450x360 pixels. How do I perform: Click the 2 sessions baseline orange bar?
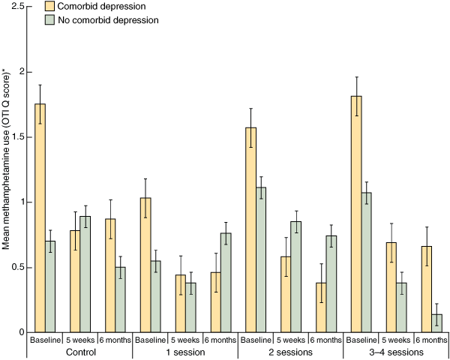click(x=250, y=229)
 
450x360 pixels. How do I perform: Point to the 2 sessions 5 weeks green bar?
click(x=295, y=277)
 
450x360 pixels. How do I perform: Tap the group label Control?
click(x=80, y=352)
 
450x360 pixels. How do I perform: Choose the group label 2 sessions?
click(x=290, y=352)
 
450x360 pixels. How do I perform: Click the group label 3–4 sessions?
click(x=396, y=352)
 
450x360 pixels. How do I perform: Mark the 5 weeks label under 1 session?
click(x=185, y=340)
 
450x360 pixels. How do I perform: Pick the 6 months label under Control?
click(x=115, y=340)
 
